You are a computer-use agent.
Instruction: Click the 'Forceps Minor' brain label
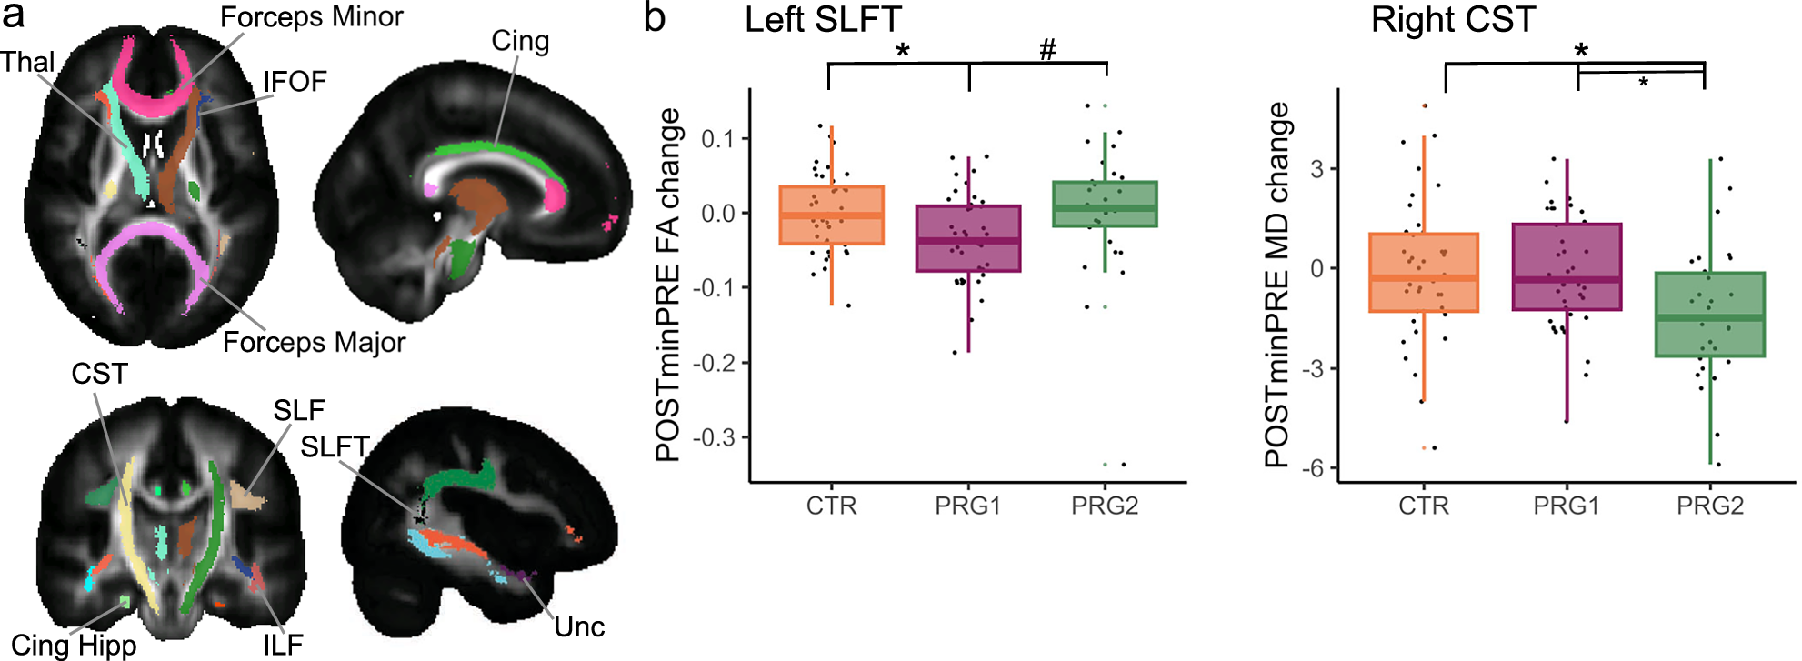point(312,17)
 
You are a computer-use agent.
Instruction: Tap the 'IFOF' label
point(295,82)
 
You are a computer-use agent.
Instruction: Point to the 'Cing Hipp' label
point(74,645)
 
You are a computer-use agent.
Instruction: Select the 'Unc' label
point(579,626)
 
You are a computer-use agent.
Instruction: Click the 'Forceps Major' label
point(314,343)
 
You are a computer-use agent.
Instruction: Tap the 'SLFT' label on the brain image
point(335,446)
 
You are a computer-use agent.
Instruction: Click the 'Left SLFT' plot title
point(823,20)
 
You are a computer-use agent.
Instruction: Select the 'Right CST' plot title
point(1453,20)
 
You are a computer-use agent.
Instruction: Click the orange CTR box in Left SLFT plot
point(831,215)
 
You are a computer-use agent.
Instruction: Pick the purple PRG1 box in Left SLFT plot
point(968,238)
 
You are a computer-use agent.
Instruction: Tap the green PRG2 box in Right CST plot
point(1710,315)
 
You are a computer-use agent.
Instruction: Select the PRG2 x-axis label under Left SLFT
point(1105,506)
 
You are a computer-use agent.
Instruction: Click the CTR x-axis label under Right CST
point(1423,506)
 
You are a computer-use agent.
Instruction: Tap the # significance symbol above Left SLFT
point(1047,50)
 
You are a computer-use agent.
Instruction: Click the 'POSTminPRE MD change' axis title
point(1277,285)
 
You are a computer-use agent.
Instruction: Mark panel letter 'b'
point(655,18)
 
